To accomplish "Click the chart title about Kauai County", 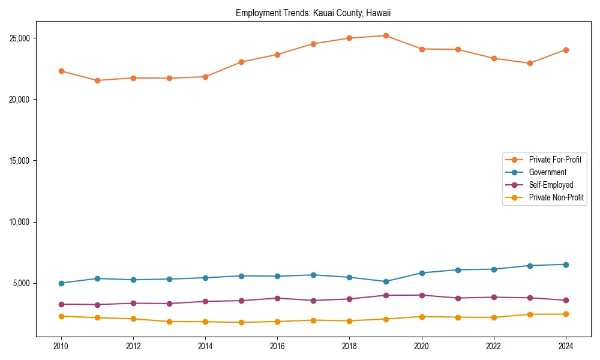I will tap(313, 13).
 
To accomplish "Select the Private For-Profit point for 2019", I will tap(386, 35).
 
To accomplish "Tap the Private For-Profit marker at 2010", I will tap(61, 71).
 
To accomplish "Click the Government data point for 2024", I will tap(566, 265).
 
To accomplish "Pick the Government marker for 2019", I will tap(386, 281).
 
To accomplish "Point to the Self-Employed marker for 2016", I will tap(277, 298).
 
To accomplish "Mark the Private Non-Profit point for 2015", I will tap(241, 322).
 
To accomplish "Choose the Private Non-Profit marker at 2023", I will tap(530, 314).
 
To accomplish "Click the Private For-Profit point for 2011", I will tap(97, 80).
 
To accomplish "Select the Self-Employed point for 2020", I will tap(422, 295).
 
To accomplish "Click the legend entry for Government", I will tap(547, 172).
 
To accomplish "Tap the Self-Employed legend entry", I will tap(551, 185).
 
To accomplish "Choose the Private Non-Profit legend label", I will tap(556, 197).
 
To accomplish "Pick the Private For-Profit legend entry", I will tap(555, 160).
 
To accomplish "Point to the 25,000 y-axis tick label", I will tap(20, 38).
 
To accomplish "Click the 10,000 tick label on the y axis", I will tap(20, 222).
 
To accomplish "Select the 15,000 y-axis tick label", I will tap(20, 161).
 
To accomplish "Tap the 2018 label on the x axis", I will tap(350, 346).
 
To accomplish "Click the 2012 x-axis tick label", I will tap(133, 346).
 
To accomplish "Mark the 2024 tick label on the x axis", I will tap(566, 346).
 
